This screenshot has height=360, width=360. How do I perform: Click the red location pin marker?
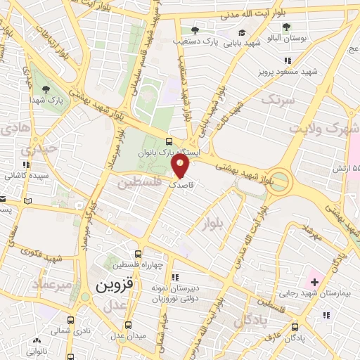[181, 166]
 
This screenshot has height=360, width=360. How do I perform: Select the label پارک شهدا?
[50, 101]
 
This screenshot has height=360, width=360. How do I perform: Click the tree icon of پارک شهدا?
[46, 89]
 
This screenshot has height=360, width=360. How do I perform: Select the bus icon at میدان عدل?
[129, 325]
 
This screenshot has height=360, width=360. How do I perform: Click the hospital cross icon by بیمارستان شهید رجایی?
[314, 283]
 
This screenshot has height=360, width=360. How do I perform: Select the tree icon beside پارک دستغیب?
[194, 30]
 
